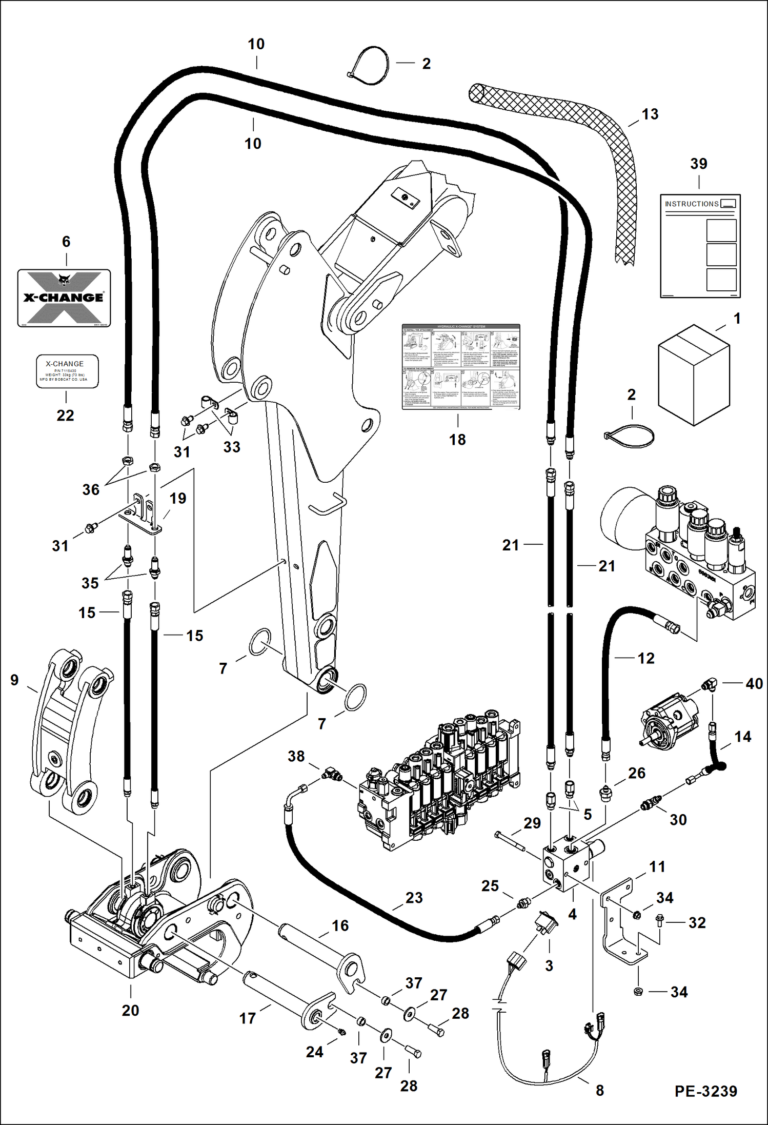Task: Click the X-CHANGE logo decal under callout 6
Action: click(x=64, y=298)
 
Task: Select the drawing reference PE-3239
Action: click(x=705, y=1091)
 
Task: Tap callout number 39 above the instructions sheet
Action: click(x=698, y=164)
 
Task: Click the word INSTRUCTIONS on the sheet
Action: click(x=692, y=204)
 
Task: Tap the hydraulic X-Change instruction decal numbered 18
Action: click(x=460, y=366)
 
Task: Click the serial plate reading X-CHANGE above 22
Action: click(x=67, y=371)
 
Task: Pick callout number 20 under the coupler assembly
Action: click(x=130, y=1010)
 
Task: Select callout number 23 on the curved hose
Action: click(x=414, y=897)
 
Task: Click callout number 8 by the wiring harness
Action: click(x=600, y=1090)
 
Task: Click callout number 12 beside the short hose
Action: click(x=645, y=658)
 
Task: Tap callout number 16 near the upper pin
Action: click(x=340, y=925)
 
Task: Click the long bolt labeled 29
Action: click(x=510, y=842)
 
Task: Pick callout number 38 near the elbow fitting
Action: click(x=296, y=756)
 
